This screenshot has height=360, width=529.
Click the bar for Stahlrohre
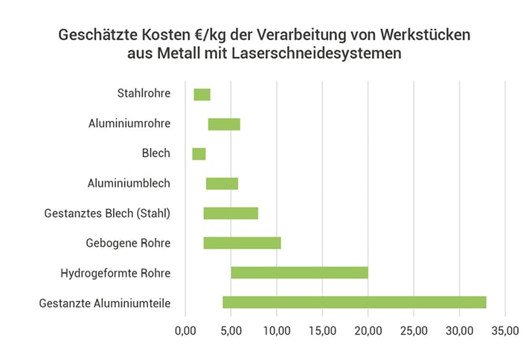202,94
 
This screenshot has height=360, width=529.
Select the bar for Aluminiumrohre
224,124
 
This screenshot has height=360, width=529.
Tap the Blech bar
199,154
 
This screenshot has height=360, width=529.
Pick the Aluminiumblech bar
222,184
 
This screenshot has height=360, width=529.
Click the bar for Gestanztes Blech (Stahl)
231,213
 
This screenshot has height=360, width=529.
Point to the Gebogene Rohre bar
242,243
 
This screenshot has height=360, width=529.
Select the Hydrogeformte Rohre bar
299,273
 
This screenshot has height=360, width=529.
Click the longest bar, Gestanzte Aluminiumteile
354,302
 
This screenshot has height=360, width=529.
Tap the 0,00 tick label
185,330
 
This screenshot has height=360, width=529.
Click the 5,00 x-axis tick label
231,330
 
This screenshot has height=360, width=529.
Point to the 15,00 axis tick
322,330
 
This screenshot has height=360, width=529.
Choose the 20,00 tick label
368,330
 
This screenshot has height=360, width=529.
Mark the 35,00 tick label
505,330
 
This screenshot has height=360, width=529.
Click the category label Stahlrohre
144,94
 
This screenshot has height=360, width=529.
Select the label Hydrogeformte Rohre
115,273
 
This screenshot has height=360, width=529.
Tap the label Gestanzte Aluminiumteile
104,303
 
